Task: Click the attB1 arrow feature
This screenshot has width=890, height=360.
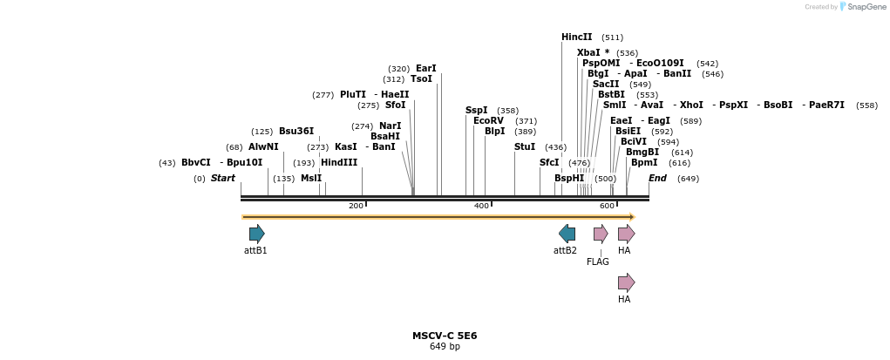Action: pyautogui.click(x=256, y=234)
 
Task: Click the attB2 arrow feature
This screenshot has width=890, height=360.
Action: pyautogui.click(x=567, y=234)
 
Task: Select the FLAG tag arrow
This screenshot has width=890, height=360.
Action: pyautogui.click(x=601, y=234)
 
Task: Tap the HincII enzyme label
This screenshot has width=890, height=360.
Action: pyautogui.click(x=576, y=37)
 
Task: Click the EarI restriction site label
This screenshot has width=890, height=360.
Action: pyautogui.click(x=425, y=69)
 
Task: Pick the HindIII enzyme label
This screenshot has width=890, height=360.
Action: pyautogui.click(x=339, y=163)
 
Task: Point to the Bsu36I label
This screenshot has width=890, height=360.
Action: pyautogui.click(x=296, y=132)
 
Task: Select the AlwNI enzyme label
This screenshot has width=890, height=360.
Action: pyautogui.click(x=263, y=147)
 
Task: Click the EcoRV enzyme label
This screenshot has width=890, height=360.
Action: pyautogui.click(x=488, y=121)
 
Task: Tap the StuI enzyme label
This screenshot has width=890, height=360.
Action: pyautogui.click(x=525, y=147)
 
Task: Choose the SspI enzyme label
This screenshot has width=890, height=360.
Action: pyautogui.click(x=476, y=111)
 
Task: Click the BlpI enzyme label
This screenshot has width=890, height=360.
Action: pyautogui.click(x=494, y=132)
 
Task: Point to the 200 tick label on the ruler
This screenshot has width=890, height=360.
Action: pyautogui.click(x=356, y=206)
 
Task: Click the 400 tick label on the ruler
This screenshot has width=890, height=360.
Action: pyautogui.click(x=481, y=206)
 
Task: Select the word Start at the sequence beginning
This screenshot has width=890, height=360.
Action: pyautogui.click(x=222, y=179)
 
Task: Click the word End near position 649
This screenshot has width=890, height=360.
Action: pyautogui.click(x=657, y=179)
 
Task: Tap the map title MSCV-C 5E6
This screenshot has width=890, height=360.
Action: pyautogui.click(x=445, y=336)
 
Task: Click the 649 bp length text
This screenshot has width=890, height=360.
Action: pyautogui.click(x=445, y=347)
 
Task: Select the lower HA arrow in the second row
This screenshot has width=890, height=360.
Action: pyautogui.click(x=626, y=282)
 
